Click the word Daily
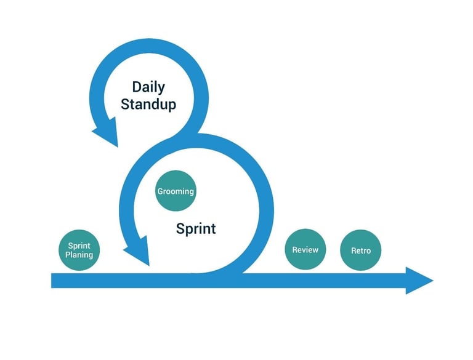[x=148, y=87]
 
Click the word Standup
[x=148, y=104]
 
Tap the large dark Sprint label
[x=196, y=229]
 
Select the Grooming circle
[x=176, y=191]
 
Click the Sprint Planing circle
[x=79, y=250]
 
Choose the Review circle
[x=305, y=249]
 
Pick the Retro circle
[x=360, y=250]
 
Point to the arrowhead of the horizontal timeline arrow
[x=419, y=281]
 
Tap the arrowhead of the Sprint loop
[x=138, y=251]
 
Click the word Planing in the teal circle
[x=79, y=255]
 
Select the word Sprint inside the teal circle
[x=79, y=246]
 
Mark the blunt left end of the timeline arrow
[x=52, y=281]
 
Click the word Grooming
[x=176, y=191]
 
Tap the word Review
[x=305, y=250]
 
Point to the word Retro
[x=361, y=250]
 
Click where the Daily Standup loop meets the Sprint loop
[x=185, y=135]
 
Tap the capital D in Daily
[x=137, y=87]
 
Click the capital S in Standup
[x=125, y=104]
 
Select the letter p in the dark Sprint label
[x=188, y=231]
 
